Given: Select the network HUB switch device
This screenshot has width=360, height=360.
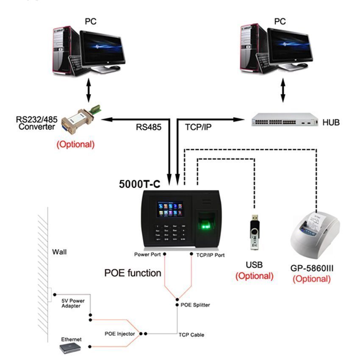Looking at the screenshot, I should [x=283, y=120].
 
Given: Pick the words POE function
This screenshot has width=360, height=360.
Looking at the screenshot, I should [x=133, y=273].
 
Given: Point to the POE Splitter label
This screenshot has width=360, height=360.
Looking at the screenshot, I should [x=195, y=305].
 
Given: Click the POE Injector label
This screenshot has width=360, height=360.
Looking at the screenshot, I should [x=120, y=333].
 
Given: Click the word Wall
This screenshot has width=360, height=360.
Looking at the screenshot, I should [x=59, y=252].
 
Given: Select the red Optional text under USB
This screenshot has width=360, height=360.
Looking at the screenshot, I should [x=254, y=276].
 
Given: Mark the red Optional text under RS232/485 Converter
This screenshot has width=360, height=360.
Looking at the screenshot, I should [x=76, y=144].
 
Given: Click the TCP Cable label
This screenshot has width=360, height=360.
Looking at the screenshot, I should [x=191, y=335].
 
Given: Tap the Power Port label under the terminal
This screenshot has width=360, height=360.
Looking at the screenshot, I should [x=147, y=255].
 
